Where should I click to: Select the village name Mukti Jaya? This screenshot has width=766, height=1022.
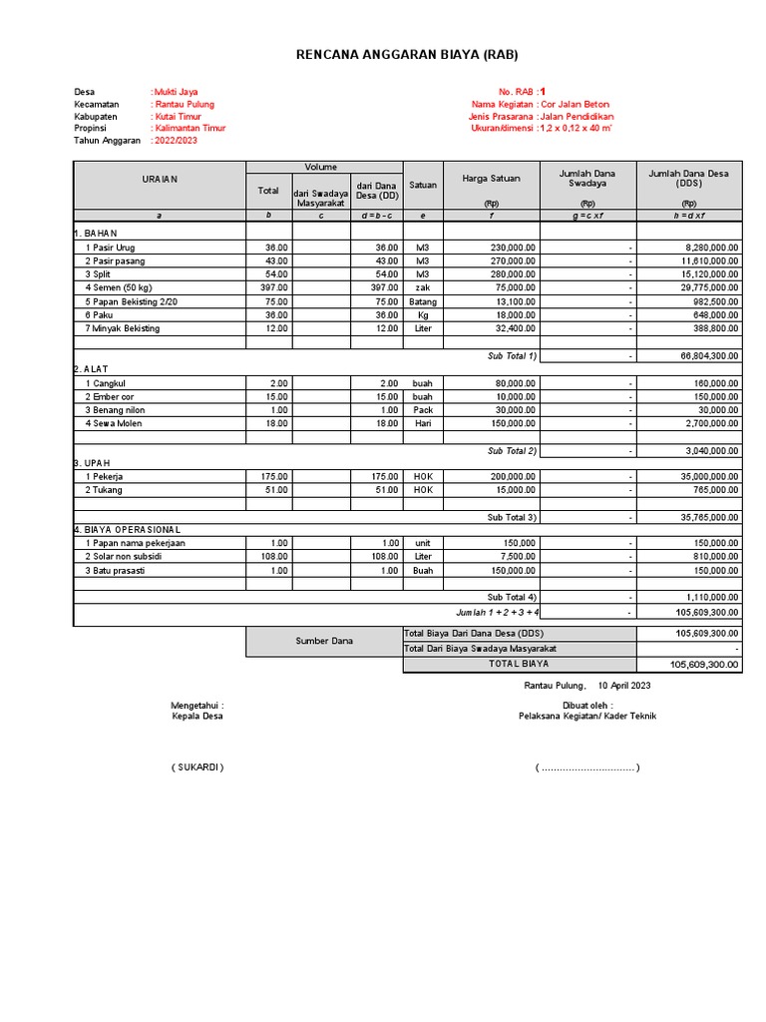coord(176,92)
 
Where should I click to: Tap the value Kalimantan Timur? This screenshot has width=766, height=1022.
coord(190,128)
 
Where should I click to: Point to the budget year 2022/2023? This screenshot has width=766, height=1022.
coord(176,141)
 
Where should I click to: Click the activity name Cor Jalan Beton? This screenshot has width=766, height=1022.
coord(575,104)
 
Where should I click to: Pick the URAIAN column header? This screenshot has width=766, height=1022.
coord(159,180)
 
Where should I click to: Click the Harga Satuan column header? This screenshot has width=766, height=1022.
coord(491,179)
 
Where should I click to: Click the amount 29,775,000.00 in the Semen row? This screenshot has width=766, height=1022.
coord(704,287)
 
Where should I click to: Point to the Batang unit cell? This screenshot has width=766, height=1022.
coord(423,301)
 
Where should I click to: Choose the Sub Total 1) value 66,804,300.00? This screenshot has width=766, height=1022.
coord(704,355)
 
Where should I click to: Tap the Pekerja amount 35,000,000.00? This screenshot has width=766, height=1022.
coord(704,477)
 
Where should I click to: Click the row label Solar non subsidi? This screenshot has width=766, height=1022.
coord(124,556)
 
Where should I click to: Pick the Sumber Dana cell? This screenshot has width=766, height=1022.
coord(324,641)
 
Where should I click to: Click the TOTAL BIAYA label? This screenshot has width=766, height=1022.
coord(518,664)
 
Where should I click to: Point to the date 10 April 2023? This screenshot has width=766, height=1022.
coord(624,686)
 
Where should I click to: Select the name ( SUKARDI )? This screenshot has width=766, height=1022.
coord(196,767)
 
